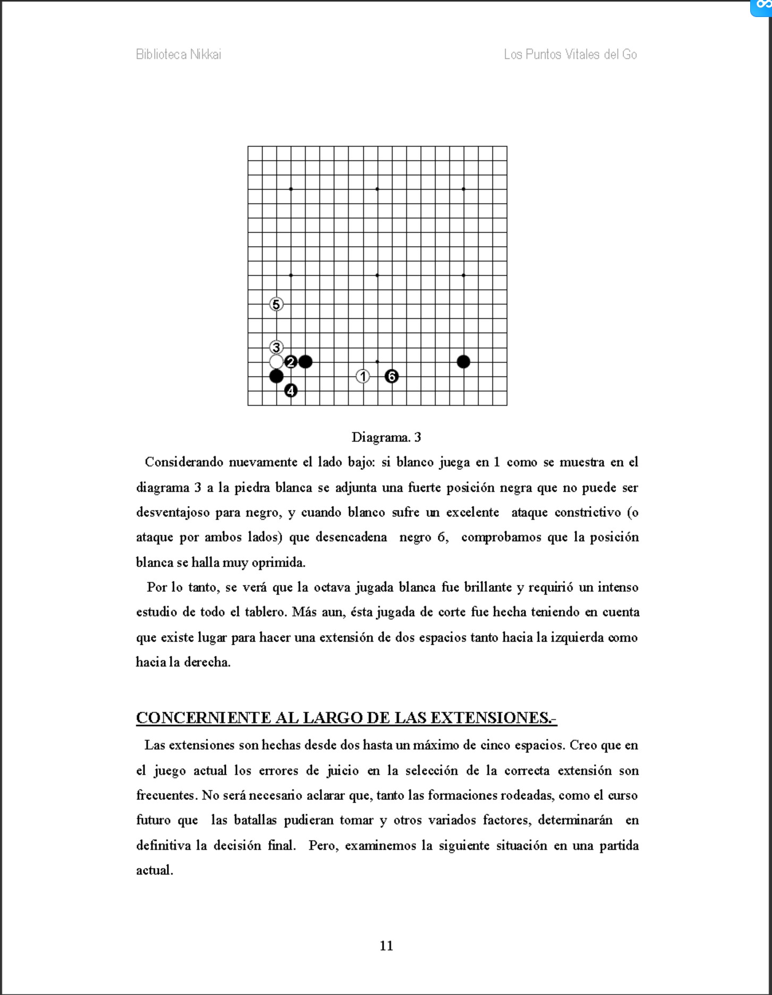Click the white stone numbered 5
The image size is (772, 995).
(x=276, y=305)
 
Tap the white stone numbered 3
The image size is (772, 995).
(x=276, y=348)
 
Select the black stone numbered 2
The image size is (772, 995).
(x=291, y=362)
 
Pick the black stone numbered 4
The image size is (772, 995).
(x=291, y=391)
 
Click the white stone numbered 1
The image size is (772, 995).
(x=363, y=376)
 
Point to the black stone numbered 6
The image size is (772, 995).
(x=392, y=376)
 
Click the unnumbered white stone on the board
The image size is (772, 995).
(x=276, y=362)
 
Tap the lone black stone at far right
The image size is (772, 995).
(x=463, y=362)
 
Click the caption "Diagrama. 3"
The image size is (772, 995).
(x=386, y=437)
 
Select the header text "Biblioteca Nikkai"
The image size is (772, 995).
(x=179, y=54)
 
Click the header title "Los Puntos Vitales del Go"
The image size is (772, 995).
(x=570, y=54)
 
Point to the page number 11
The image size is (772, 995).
(x=386, y=946)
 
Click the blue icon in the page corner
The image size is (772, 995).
(x=763, y=6)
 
